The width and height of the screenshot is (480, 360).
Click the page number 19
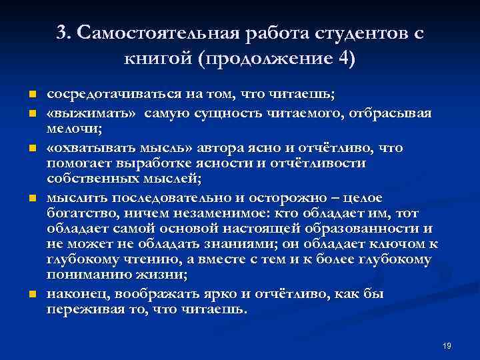(447, 345)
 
